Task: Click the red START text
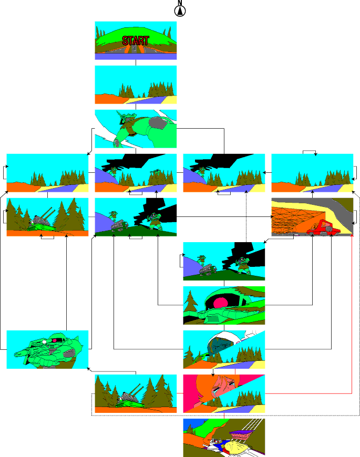tap(136, 41)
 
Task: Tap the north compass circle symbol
tap(180, 11)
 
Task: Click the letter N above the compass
tap(180, 3)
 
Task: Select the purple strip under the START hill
tap(136, 57)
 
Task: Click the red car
tap(324, 227)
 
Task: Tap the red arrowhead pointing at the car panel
tap(352, 235)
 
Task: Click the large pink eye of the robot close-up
tap(220, 303)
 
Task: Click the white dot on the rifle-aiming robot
tap(44, 341)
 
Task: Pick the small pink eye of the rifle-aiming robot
tap(55, 340)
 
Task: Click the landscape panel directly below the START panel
tap(136, 85)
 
